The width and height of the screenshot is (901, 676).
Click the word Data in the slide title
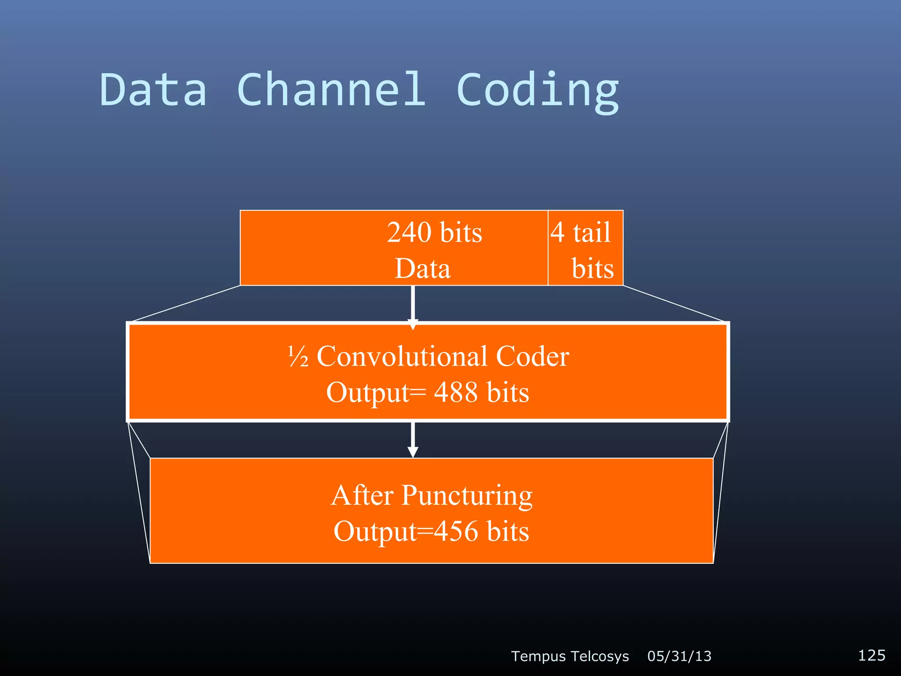(x=153, y=90)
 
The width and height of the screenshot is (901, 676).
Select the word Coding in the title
(x=538, y=92)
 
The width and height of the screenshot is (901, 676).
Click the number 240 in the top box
(x=409, y=232)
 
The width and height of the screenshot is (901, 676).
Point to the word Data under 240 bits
(x=423, y=268)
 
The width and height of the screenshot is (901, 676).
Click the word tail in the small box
(x=592, y=232)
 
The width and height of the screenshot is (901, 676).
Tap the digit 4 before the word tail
(x=558, y=232)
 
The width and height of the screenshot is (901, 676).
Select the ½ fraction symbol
(x=298, y=357)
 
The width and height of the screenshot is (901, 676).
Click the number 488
(x=456, y=392)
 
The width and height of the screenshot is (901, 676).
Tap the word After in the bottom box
(x=362, y=496)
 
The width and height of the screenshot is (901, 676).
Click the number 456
(x=456, y=531)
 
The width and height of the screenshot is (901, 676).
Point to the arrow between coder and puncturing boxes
(x=413, y=440)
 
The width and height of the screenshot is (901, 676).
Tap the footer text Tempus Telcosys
(x=570, y=656)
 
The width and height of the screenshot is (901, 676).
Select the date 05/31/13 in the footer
(x=679, y=656)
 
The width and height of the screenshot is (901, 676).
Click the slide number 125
(x=872, y=655)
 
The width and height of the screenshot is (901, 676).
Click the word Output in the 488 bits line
(x=368, y=393)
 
